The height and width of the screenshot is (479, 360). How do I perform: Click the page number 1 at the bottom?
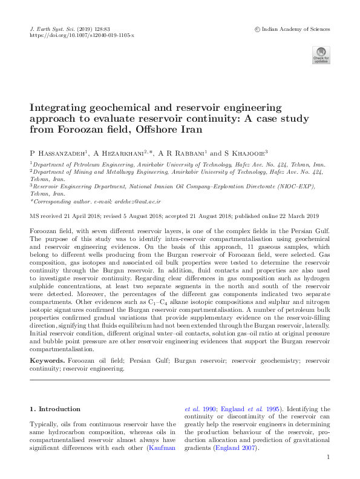327,458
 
